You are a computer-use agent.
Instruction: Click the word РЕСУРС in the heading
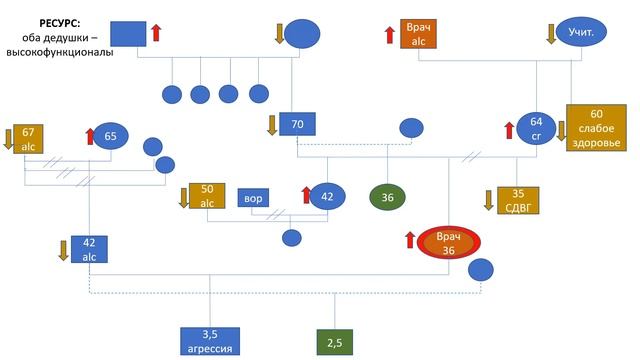(60, 24)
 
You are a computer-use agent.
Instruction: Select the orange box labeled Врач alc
(418, 34)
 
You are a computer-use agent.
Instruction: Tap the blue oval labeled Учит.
(581, 31)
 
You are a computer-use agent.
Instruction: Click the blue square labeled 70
(297, 124)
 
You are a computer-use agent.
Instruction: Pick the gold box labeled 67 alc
(28, 139)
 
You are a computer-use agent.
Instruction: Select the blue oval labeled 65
(111, 136)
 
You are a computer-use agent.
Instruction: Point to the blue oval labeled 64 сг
(536, 129)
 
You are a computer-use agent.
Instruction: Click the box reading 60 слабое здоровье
(596, 128)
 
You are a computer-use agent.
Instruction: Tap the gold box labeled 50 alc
(207, 196)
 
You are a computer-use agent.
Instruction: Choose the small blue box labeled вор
(253, 198)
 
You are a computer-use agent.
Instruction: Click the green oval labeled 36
(387, 198)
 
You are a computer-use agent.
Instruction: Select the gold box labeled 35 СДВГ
(518, 200)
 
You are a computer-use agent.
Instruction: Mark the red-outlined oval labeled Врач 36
(448, 242)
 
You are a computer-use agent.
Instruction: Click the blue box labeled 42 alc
(89, 249)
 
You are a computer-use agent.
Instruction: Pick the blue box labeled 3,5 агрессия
(210, 341)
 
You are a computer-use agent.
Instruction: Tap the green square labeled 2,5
(335, 342)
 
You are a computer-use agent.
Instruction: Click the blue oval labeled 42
(327, 197)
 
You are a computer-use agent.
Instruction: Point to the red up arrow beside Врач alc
(390, 35)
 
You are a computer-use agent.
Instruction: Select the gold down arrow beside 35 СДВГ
(489, 200)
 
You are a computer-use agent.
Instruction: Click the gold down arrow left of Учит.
(551, 34)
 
